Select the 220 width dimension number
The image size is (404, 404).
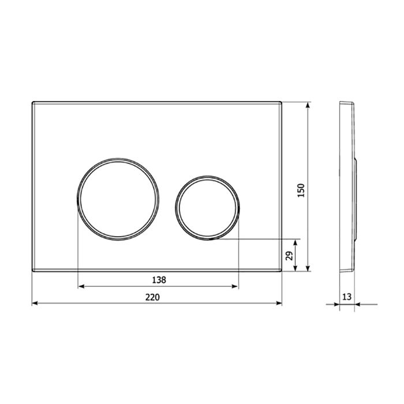152,297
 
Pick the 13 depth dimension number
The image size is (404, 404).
347,297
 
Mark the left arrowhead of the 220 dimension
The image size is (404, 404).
33,303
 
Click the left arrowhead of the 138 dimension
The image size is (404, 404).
80,286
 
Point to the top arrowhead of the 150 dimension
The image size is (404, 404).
309,106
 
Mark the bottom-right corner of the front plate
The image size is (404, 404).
282,271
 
